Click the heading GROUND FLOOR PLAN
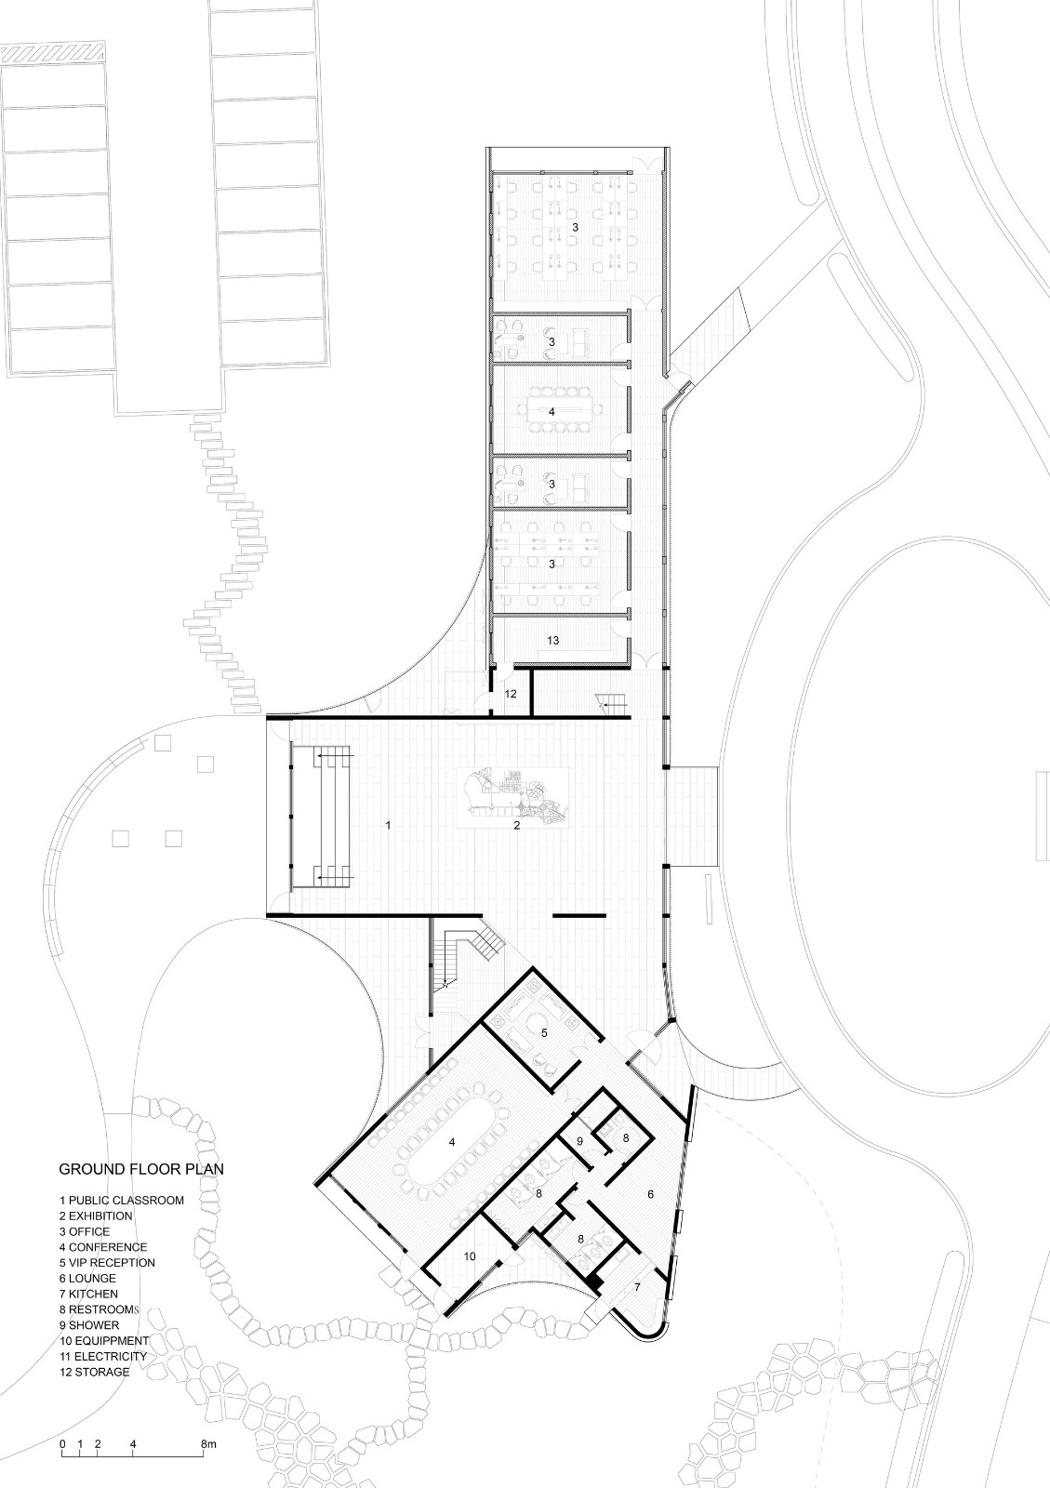[x=141, y=1169]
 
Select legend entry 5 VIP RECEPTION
[x=107, y=1262]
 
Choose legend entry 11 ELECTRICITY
[x=103, y=1356]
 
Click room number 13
[x=552, y=641]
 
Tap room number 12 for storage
[x=511, y=694]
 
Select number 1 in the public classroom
[x=389, y=824]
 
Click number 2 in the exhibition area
[x=517, y=825]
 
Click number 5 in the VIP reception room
[x=545, y=1031]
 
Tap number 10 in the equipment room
[x=470, y=1256]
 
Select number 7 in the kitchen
[x=637, y=1287]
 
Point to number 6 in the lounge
[x=649, y=1193]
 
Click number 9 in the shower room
[x=579, y=1141]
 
